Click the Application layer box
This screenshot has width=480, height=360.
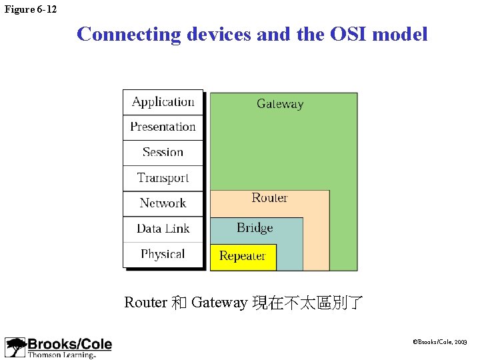coord(163,102)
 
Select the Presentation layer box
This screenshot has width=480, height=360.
coord(163,127)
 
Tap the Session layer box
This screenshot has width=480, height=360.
coord(163,153)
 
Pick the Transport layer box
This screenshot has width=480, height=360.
coord(163,178)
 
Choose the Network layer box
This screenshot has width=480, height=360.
coord(163,203)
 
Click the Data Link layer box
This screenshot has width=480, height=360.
coord(163,229)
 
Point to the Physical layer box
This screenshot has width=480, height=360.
coord(163,254)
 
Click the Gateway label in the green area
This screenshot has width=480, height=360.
coord(280,104)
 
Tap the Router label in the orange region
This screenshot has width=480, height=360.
coord(269,198)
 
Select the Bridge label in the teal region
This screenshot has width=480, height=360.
coord(255,228)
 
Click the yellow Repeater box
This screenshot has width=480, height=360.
coord(243,257)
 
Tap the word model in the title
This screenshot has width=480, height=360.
coord(400,34)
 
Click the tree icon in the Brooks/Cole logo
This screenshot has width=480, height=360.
coord(15,347)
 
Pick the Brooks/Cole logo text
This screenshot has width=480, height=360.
coord(69,345)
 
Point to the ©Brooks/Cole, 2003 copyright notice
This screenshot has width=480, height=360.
coord(440,342)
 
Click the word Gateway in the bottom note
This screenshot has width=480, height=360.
coord(219,303)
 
